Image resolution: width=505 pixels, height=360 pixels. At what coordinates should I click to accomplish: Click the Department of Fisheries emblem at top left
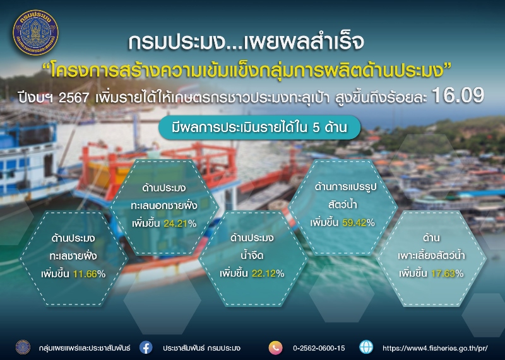(35, 33)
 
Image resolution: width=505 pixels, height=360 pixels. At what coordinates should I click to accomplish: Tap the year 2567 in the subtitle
(74, 98)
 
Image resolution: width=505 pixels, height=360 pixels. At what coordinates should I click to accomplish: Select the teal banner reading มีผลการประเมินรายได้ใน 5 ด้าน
(259, 128)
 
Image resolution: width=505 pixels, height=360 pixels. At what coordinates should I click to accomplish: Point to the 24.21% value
(180, 224)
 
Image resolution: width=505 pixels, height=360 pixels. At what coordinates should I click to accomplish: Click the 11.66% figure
(89, 274)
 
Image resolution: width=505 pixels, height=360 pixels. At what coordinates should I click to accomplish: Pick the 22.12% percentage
(268, 273)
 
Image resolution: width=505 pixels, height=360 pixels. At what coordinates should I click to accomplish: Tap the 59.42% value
(359, 222)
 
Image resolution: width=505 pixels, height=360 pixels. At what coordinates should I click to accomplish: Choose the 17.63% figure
(448, 273)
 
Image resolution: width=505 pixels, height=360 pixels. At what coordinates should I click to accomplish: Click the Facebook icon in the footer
(146, 348)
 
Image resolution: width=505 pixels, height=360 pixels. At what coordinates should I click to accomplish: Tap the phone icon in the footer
(275, 348)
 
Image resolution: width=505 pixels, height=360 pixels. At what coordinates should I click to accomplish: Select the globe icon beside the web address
(366, 347)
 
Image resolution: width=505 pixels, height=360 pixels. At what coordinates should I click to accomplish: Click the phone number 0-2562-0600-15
(319, 348)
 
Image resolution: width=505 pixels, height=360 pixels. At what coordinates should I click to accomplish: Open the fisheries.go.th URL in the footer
(435, 348)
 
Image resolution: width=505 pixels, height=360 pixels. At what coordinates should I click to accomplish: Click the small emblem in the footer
(23, 347)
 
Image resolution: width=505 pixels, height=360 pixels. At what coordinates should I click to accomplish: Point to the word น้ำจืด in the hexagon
(252, 255)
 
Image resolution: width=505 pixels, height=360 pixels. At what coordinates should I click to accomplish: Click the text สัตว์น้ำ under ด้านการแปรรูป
(342, 205)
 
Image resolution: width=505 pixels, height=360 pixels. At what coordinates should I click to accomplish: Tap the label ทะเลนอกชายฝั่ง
(164, 205)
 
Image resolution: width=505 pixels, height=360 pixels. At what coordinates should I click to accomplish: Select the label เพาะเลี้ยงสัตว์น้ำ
(431, 256)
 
